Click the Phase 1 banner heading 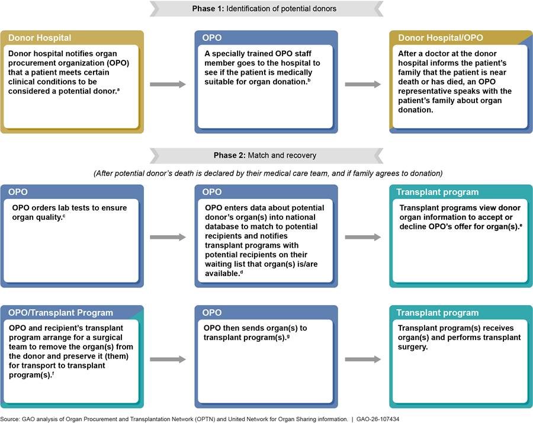pos(266,9)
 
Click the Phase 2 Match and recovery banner pos(266,156)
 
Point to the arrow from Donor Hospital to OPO pos(169,85)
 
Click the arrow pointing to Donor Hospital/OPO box pos(363,85)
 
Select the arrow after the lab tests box pos(169,237)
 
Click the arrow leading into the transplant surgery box pos(363,358)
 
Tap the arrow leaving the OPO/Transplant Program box pos(169,358)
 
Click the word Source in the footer pos(11,418)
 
